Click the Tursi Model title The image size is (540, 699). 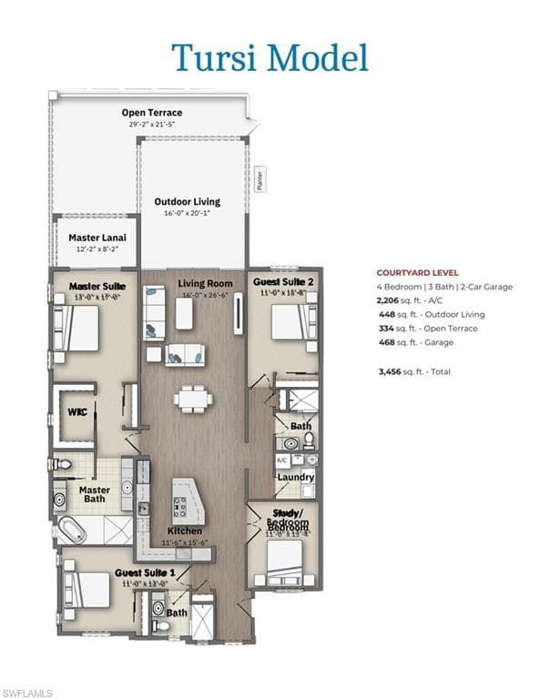[x=270, y=56]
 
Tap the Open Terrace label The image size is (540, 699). [x=151, y=113]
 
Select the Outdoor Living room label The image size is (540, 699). [x=187, y=202]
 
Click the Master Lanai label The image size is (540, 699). [x=97, y=238]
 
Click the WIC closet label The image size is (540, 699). [x=76, y=411]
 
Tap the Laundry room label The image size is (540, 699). [x=295, y=477]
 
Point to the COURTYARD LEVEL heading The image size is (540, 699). [x=417, y=272]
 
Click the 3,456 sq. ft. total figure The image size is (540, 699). [x=414, y=371]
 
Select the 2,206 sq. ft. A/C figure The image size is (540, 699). [x=413, y=299]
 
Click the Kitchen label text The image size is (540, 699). [x=184, y=531]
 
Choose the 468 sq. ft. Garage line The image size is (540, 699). [x=413, y=342]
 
